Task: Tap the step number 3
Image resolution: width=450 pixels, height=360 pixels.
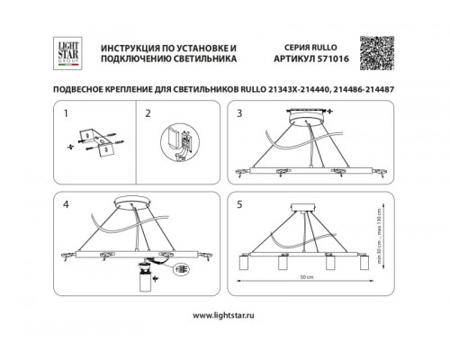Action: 240,113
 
